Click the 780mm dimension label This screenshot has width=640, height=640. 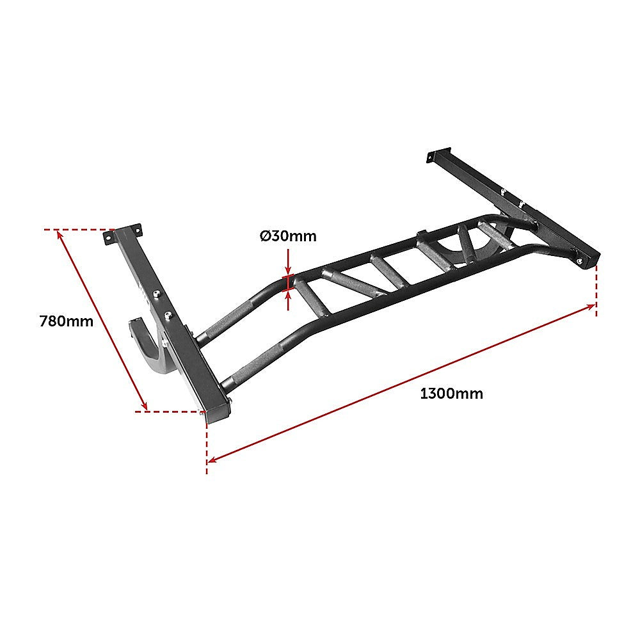tap(67, 321)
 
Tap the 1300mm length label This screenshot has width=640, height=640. tap(451, 394)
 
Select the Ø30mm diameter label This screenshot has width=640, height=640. tap(288, 236)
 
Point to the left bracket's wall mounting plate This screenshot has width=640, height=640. tap(123, 233)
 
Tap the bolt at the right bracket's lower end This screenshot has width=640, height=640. tap(579, 261)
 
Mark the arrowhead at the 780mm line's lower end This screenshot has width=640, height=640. tap(145, 405)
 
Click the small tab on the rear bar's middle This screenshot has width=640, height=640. tap(420, 235)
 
